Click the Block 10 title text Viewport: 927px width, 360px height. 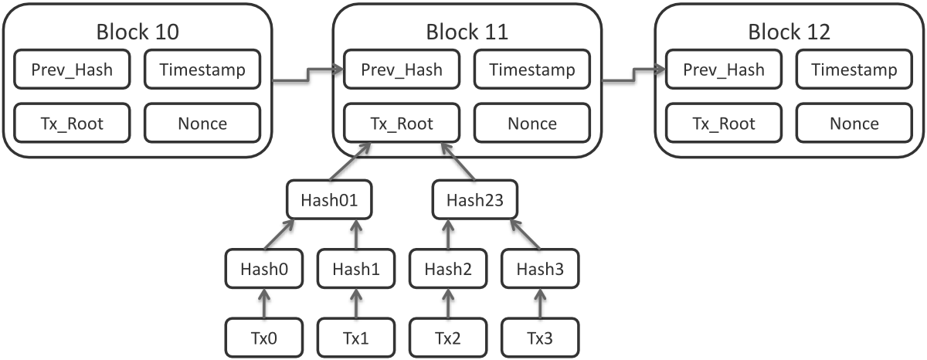[x=138, y=32]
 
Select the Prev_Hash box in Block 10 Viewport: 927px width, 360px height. [x=72, y=70]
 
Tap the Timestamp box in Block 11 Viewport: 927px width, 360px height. [x=532, y=70]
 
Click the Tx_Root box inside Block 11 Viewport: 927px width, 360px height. [x=401, y=124]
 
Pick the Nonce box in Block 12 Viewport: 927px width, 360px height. [x=854, y=124]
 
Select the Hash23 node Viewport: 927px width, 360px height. [x=474, y=200]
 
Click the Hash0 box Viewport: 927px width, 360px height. [x=264, y=270]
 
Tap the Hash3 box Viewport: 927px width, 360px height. [x=539, y=270]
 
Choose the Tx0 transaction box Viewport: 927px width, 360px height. [x=264, y=338]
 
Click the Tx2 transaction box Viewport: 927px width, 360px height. [x=447, y=338]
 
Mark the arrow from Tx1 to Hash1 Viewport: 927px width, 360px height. [x=355, y=304]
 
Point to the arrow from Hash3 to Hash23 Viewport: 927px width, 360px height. [x=525, y=235]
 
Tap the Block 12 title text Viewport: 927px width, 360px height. [x=789, y=32]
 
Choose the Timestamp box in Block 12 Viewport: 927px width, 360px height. [x=854, y=70]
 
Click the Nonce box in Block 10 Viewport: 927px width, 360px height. [x=202, y=124]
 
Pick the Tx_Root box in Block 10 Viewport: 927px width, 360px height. [x=72, y=124]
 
